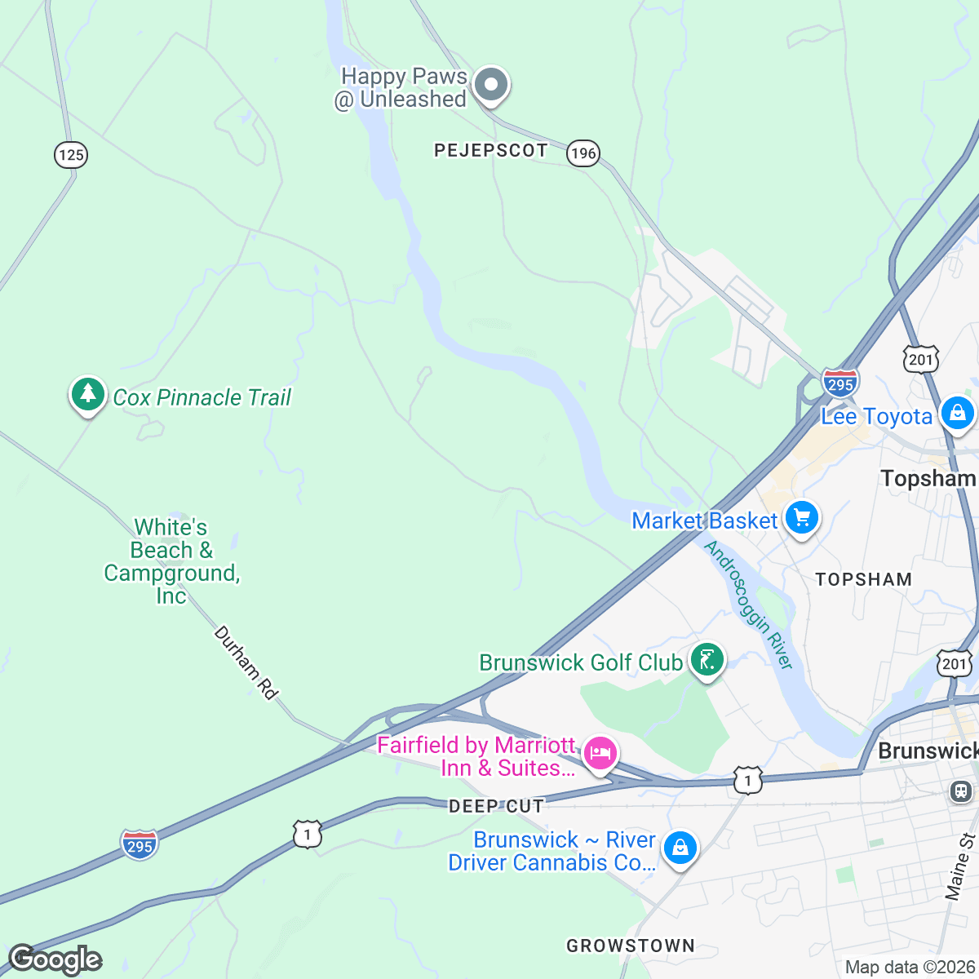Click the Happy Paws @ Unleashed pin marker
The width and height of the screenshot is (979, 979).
491,84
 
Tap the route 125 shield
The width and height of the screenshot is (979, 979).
71,154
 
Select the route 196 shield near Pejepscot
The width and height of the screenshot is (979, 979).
583,153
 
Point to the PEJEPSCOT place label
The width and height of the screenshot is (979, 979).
490,150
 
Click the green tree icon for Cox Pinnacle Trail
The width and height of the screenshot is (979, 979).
88,395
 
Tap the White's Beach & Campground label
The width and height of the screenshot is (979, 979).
171,561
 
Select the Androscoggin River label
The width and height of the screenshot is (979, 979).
748,605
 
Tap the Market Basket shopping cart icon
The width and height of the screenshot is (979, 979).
801,517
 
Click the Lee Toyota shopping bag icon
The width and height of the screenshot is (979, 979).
957,413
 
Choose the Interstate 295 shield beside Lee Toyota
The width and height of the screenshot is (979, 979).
839,383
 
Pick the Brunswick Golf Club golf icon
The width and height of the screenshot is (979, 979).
707,659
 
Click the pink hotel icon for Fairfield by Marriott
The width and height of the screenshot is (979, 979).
600,752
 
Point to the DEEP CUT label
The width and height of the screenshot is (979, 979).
496,806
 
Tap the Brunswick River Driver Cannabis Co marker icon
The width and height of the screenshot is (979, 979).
679,848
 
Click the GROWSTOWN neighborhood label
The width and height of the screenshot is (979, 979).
631,946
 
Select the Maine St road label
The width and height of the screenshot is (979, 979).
960,866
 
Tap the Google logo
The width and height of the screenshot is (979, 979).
55,959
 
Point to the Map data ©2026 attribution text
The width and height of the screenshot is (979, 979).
910,968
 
